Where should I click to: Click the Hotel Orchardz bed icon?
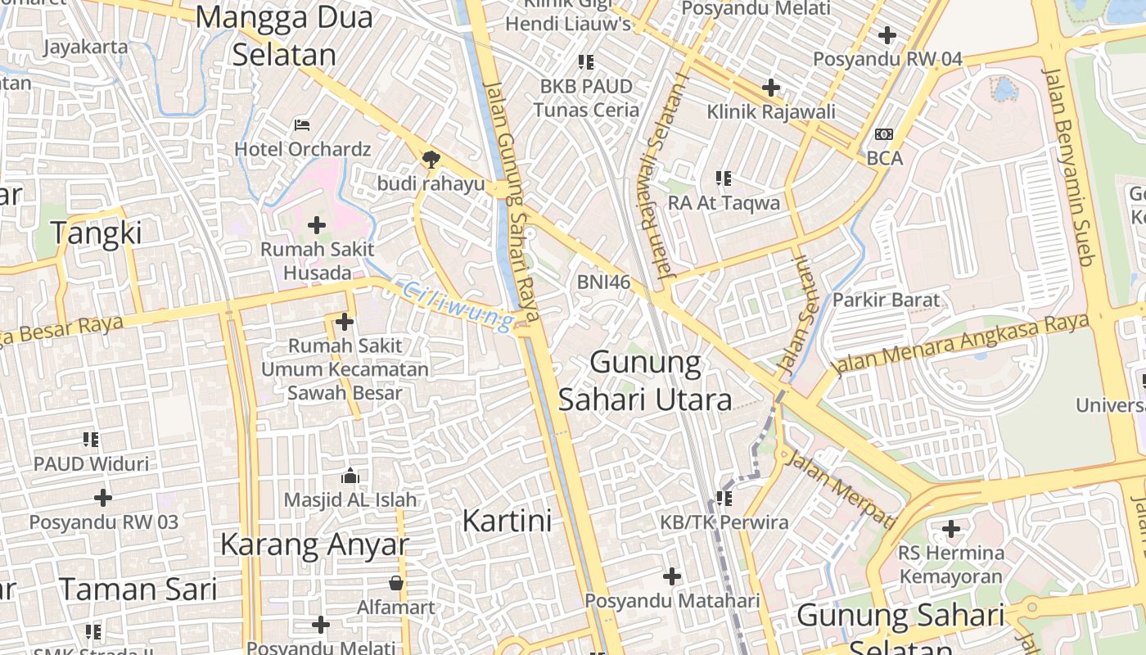click(x=301, y=125)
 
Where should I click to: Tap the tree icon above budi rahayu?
click(x=430, y=159)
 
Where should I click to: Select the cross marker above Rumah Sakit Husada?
click(x=317, y=224)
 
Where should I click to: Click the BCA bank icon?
click(x=884, y=134)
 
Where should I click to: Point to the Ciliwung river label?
click(x=459, y=306)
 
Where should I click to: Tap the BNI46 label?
click(x=603, y=282)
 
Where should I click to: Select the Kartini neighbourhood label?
click(x=507, y=521)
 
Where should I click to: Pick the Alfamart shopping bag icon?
click(x=396, y=583)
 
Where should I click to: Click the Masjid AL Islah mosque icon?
click(x=350, y=476)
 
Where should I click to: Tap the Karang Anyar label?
click(x=314, y=544)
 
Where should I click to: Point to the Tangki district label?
click(x=97, y=233)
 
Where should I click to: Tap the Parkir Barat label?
click(x=886, y=300)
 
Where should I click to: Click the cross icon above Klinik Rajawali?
click(x=770, y=87)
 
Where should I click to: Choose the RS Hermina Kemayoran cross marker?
click(x=950, y=529)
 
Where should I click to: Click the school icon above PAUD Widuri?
click(x=91, y=440)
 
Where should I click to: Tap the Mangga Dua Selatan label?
click(x=284, y=36)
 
